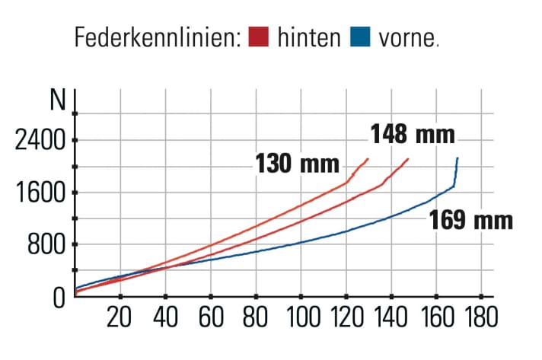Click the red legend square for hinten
tap(260, 37)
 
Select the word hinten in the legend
tap(308, 37)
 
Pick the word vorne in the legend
tap(403, 37)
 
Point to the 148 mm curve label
tap(413, 135)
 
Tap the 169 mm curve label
tap(471, 221)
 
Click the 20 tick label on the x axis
tap(120, 315)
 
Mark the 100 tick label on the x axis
tap(300, 315)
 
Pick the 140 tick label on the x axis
tap(391, 315)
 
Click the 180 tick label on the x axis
tap(480, 315)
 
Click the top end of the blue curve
tap(458, 158)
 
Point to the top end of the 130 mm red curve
tap(368, 158)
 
